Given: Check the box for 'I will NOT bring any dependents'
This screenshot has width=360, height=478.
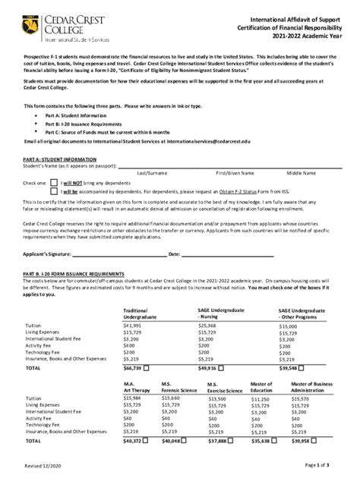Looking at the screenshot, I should (53, 182).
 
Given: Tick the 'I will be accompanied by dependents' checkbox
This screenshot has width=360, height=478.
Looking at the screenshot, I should (53, 193).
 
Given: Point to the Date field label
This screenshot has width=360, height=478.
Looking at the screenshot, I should (173, 253).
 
